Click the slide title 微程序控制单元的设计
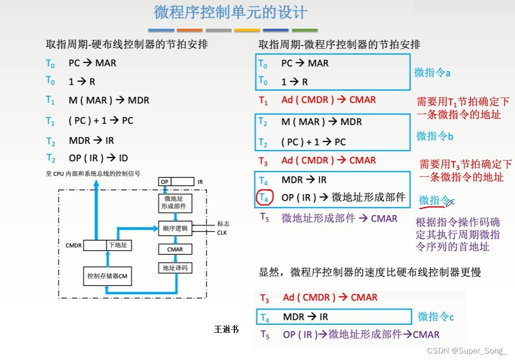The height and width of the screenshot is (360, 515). click(x=230, y=12)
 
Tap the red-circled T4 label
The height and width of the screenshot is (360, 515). click(x=265, y=198)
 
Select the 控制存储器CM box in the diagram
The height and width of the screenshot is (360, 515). click(x=108, y=276)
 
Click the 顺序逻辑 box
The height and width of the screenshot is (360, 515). click(x=175, y=228)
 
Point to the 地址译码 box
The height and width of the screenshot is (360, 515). click(x=175, y=268)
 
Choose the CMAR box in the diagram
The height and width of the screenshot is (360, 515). click(x=175, y=249)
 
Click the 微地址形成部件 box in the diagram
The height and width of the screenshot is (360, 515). click(x=175, y=202)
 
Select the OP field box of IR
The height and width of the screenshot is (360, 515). click(x=164, y=182)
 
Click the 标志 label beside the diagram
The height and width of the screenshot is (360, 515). click(x=223, y=224)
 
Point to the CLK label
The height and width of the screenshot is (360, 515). click(x=221, y=232)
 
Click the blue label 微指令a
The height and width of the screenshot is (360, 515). click(x=432, y=73)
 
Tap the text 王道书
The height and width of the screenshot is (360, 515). click(x=226, y=329)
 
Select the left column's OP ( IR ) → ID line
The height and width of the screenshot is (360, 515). click(x=98, y=158)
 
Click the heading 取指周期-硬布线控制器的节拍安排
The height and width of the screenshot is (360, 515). click(x=127, y=45)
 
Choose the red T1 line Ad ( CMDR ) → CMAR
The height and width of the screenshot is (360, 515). click(x=328, y=100)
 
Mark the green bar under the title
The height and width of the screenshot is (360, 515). click(x=304, y=30)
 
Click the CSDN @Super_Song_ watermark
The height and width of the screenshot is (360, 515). click(x=467, y=351)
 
